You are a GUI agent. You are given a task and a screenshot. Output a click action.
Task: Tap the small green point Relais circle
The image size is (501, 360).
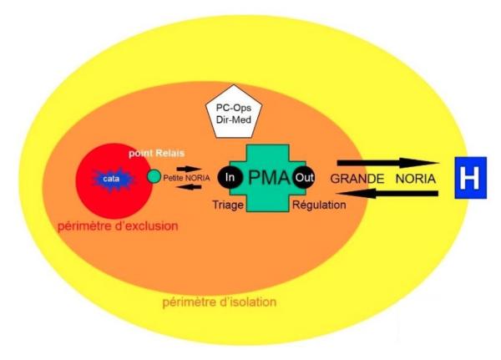(153, 177)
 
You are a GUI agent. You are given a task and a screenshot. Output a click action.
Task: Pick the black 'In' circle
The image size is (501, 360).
(230, 177)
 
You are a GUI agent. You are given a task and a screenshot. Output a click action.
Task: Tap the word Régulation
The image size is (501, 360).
(318, 205)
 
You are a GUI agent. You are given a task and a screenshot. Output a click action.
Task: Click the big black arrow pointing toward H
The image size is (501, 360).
(389, 162)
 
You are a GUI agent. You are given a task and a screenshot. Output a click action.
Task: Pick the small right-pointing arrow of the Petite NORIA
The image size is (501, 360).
(189, 167)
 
